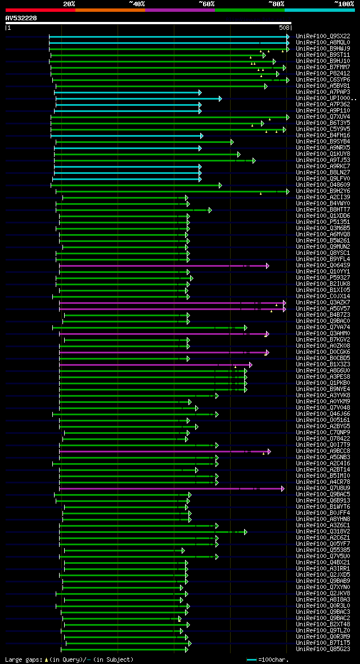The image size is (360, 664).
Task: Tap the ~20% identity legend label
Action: pyautogui.click(x=69, y=3)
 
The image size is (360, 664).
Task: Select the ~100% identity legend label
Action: pyautogui.click(x=344, y=3)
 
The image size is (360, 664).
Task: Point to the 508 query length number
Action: pyautogui.click(x=284, y=27)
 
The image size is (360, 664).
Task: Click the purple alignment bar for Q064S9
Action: pyautogui.click(x=163, y=266)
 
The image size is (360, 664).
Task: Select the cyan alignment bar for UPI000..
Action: pyautogui.click(x=138, y=98)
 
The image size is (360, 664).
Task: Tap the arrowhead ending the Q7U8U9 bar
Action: pyautogui.click(x=283, y=488)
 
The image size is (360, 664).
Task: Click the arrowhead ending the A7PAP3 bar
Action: pyautogui.click(x=200, y=92)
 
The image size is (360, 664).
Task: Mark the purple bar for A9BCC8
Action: pyautogui.click(x=163, y=451)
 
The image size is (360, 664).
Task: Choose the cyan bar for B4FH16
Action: pyautogui.click(x=127, y=136)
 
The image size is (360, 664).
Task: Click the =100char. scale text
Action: pyautogui.click(x=274, y=659)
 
